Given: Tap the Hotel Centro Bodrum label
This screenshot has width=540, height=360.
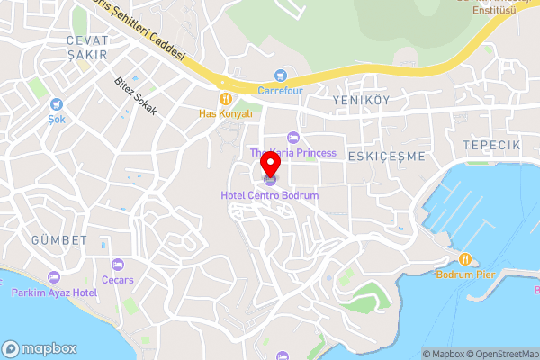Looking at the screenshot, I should point(270,195).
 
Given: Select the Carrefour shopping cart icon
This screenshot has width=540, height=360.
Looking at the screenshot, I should point(280,76).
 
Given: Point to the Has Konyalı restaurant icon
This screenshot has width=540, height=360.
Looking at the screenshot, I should point(225,99).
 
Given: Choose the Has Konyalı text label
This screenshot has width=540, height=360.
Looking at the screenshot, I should point(225,114).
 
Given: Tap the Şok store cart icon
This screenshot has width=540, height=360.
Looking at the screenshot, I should point(57,104).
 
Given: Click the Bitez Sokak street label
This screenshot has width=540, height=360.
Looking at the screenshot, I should point(136,96).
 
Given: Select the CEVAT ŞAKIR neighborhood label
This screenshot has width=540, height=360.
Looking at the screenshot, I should point(87,48).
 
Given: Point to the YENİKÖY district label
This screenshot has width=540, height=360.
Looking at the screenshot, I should point(361,100).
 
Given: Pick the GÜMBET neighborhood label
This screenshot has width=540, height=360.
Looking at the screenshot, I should point(59,240).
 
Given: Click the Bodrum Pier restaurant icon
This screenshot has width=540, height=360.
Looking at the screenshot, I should point(466,259).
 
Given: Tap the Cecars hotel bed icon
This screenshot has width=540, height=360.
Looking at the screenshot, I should point(118,265).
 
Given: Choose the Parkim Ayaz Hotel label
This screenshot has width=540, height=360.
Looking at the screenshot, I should point(54,292).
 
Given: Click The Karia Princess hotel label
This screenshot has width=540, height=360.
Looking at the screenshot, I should point(292,153).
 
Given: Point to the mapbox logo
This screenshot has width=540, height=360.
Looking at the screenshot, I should point(40,348).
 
